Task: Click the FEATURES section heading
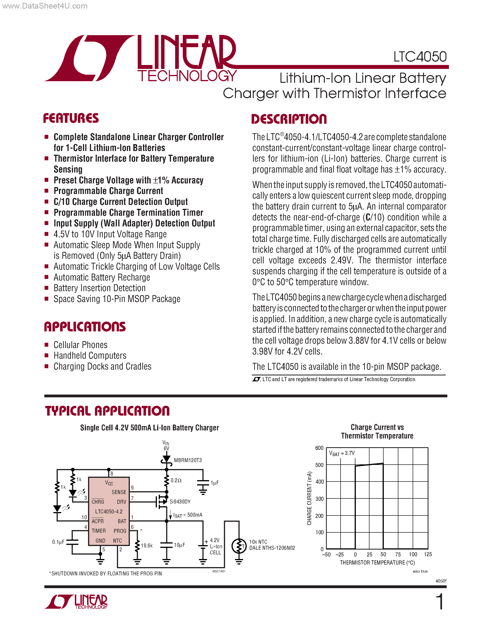coord(71,118)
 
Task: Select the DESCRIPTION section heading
coord(289,119)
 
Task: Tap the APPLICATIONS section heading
coord(85,327)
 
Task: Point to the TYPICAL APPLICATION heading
coord(107,411)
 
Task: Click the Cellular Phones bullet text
coord(81,345)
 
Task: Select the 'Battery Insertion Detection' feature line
coord(100,288)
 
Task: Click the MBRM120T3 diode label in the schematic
coord(188,460)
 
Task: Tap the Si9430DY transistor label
coord(180,501)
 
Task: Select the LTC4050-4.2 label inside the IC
coord(109,511)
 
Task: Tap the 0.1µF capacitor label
coord(58,542)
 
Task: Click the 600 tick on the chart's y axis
coord(319,448)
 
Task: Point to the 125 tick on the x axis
coord(428,554)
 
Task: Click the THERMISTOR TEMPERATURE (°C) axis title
coord(377,563)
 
